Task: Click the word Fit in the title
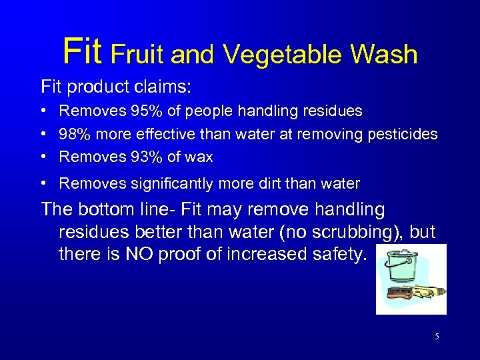pos(83,51)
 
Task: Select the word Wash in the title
pos(385,54)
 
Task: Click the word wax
pos(200,158)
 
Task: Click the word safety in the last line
pos(336,254)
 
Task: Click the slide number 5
pos(437,337)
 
